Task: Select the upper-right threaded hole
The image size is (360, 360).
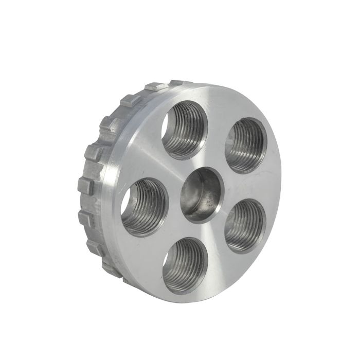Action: [246, 145]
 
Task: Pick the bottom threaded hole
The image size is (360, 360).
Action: [185, 265]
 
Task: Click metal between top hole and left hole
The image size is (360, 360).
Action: [154, 165]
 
